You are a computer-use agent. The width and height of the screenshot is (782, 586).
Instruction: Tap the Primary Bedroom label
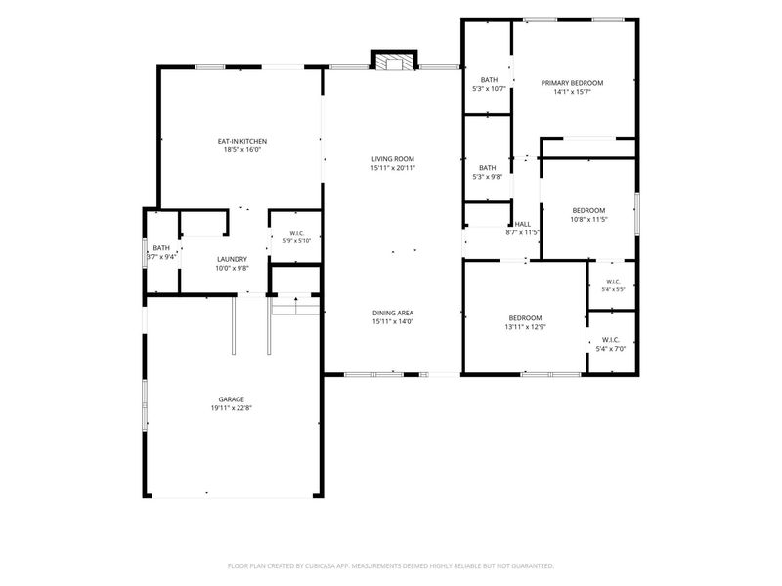coord(572,83)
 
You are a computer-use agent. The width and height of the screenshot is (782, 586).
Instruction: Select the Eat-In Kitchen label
coord(241,141)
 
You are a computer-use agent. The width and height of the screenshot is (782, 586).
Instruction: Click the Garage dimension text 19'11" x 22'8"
coord(232,408)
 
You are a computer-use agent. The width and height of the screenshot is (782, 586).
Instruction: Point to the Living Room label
coord(393,159)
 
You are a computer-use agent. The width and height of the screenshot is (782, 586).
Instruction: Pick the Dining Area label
coord(393,313)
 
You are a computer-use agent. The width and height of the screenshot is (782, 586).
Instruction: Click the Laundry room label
coord(232,259)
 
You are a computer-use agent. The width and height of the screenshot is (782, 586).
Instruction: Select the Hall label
coord(523,224)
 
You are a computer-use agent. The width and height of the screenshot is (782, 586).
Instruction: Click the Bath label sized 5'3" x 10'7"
coord(489,80)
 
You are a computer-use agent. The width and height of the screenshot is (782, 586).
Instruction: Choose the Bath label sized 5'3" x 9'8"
coord(487,168)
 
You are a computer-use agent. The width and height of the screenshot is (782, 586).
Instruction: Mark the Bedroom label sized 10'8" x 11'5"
coord(588,210)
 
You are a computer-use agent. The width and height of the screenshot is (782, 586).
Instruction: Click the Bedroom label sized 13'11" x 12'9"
coord(525,318)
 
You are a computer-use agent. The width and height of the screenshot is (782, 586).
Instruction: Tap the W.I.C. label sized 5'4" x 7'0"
coord(610,340)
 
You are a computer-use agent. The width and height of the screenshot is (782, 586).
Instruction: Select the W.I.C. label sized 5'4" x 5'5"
coord(613,282)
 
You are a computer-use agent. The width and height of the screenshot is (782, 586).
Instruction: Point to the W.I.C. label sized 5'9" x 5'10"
coord(297,233)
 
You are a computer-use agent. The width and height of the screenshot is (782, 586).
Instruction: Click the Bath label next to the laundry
coord(161,248)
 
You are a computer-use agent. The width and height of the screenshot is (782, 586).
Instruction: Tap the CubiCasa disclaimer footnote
coord(390,566)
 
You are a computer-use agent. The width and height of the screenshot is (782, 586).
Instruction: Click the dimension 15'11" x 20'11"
coord(393,168)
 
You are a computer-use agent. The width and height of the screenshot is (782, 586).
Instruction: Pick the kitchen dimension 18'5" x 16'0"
coord(241,149)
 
